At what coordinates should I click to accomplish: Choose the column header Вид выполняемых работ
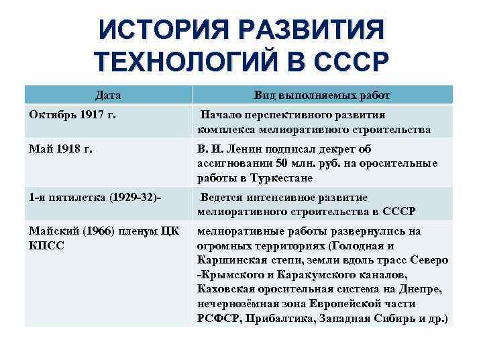pyautogui.click(x=322, y=95)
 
